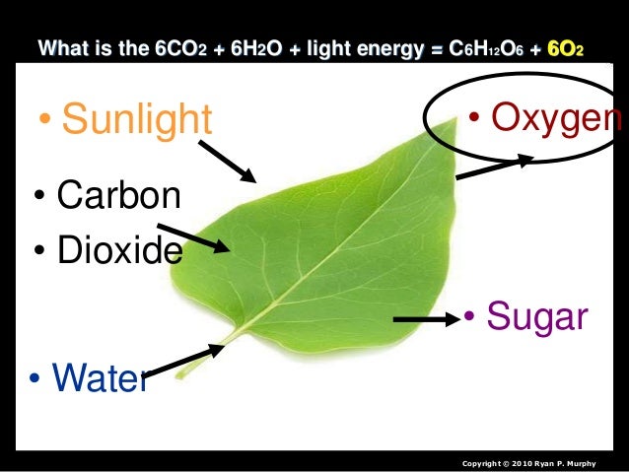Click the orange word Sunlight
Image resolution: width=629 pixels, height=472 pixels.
136,119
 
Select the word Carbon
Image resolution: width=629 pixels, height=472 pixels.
118,195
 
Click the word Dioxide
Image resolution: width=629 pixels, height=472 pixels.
119,249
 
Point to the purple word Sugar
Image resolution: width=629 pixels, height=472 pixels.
537,317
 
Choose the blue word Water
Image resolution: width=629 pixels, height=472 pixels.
99,376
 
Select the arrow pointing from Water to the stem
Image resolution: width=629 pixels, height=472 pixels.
184,360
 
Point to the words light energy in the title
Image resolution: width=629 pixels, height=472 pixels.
362,46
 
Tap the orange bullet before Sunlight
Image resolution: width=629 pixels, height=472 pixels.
44,120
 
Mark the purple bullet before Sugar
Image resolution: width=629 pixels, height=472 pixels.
471,318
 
